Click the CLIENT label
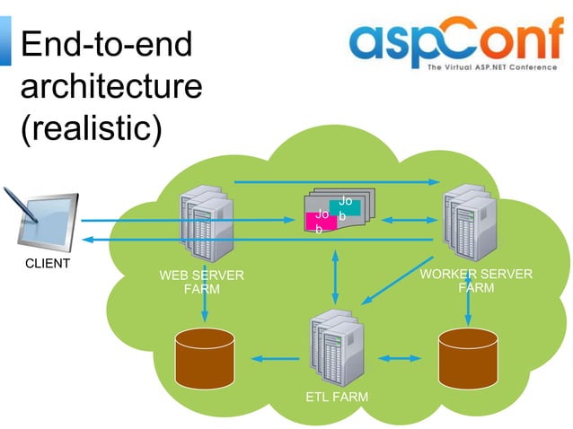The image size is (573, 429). tap(47, 263)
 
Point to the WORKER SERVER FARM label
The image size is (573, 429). tap(476, 280)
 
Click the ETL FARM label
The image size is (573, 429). tap(337, 396)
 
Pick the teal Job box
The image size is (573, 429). tap(346, 206)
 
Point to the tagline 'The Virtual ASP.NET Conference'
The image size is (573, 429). tap(492, 67)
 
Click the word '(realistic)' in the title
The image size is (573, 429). tap(91, 127)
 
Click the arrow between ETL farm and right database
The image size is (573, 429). tap(399, 358)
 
